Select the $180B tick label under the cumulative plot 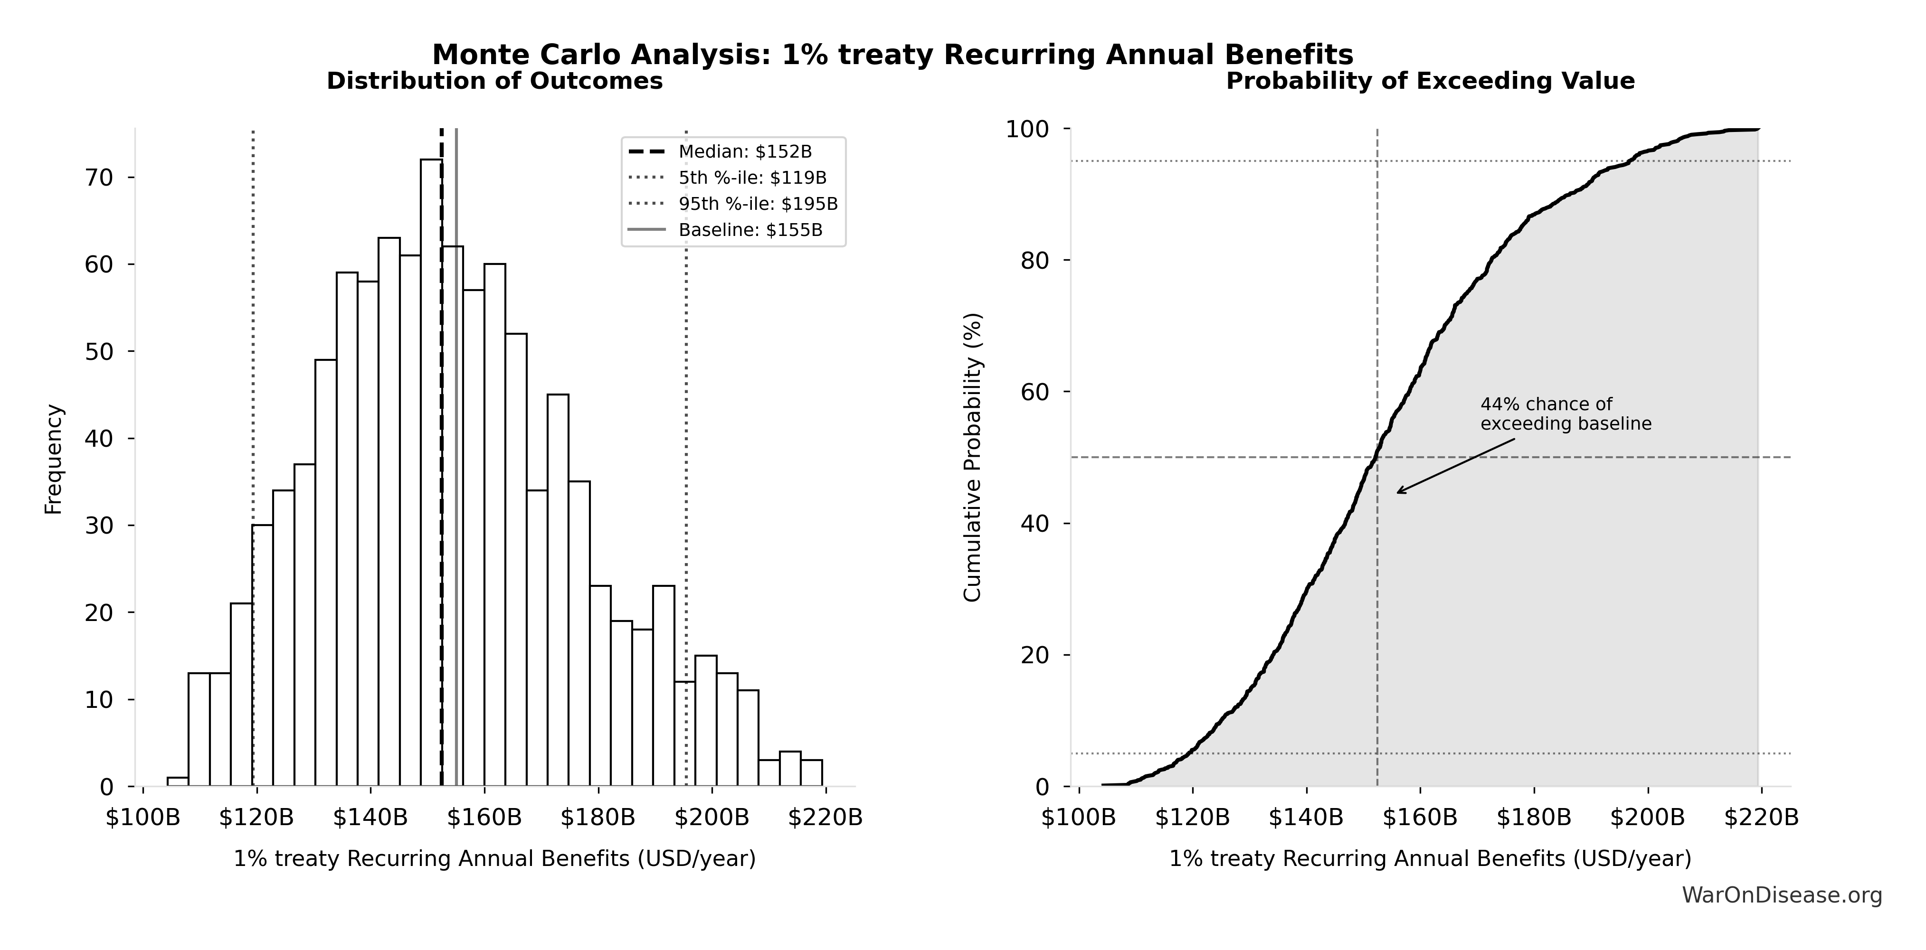coord(1534,818)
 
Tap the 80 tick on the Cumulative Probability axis coord(1035,261)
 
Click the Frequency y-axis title coord(54,459)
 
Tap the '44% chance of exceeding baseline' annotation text coord(1565,414)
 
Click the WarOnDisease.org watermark coord(1782,895)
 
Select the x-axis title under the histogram coord(494,859)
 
